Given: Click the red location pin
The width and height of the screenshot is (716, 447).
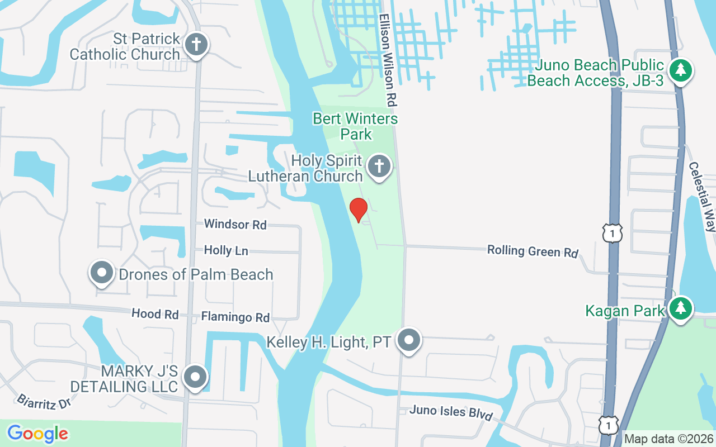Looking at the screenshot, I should pyautogui.click(x=358, y=210).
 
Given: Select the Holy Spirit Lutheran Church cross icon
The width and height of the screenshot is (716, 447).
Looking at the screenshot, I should pyautogui.click(x=379, y=167).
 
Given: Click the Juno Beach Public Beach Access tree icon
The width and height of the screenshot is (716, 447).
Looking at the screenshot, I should pyautogui.click(x=681, y=70).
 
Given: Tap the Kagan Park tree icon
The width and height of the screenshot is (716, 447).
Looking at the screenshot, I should pyautogui.click(x=680, y=308).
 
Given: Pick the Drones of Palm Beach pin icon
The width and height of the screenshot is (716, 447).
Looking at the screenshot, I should pyautogui.click(x=102, y=273).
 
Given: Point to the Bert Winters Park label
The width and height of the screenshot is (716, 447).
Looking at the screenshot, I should pyautogui.click(x=356, y=126).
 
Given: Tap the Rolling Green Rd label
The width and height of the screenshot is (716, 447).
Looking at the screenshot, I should pyautogui.click(x=532, y=251).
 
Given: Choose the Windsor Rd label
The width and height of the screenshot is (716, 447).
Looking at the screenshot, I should pyautogui.click(x=235, y=224).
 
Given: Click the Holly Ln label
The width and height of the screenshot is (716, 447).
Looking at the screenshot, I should pyautogui.click(x=226, y=250).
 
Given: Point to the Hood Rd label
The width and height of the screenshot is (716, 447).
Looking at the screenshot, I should pyautogui.click(x=155, y=314).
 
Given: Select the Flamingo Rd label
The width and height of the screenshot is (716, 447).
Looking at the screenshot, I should pyautogui.click(x=235, y=317).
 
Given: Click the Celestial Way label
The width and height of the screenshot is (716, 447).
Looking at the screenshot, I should pyautogui.click(x=702, y=197).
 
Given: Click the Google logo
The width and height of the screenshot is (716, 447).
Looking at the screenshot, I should pyautogui.click(x=37, y=433).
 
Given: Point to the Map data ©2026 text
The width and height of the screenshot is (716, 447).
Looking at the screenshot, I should pyautogui.click(x=669, y=439).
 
